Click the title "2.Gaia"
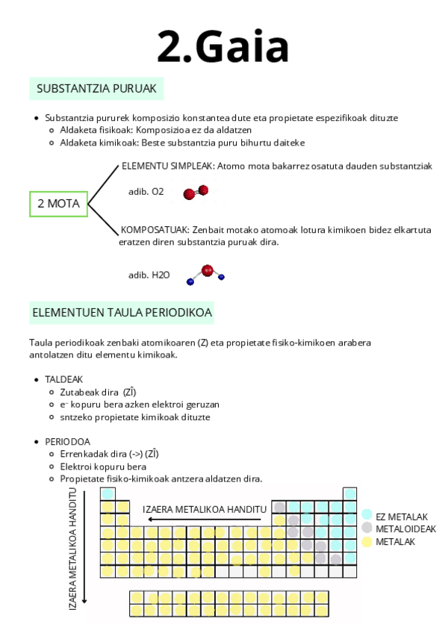click(x=223, y=47)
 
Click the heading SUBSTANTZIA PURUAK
click(x=96, y=89)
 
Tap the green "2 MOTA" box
click(x=58, y=202)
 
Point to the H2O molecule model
click(x=206, y=273)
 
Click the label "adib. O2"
click(x=146, y=192)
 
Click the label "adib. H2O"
click(x=149, y=275)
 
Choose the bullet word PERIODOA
click(x=67, y=441)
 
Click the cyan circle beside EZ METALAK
click(x=367, y=515)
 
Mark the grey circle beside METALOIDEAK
click(x=367, y=528)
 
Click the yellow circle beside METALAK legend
click(x=367, y=541)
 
